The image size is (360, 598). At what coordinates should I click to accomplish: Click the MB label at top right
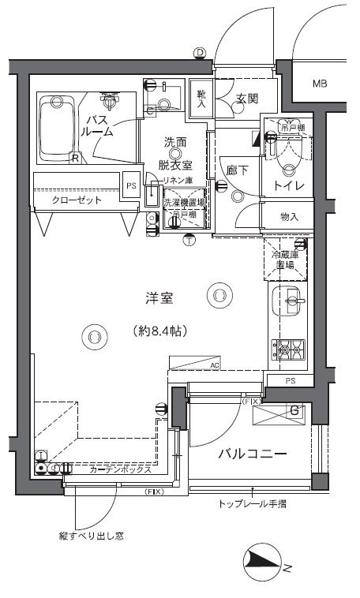tap(320, 84)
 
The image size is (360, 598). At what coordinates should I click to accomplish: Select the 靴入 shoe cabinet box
tap(201, 99)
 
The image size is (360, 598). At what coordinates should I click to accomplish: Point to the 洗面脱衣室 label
tap(175, 153)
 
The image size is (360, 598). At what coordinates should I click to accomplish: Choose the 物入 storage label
tap(290, 216)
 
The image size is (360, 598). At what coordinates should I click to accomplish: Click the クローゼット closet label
tap(77, 201)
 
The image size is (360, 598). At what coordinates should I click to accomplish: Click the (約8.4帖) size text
tap(159, 332)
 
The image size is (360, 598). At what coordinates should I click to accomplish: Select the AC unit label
tap(214, 365)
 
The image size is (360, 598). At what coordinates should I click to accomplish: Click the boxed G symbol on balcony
tap(294, 410)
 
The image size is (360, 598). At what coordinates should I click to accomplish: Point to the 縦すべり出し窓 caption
tap(90, 536)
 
